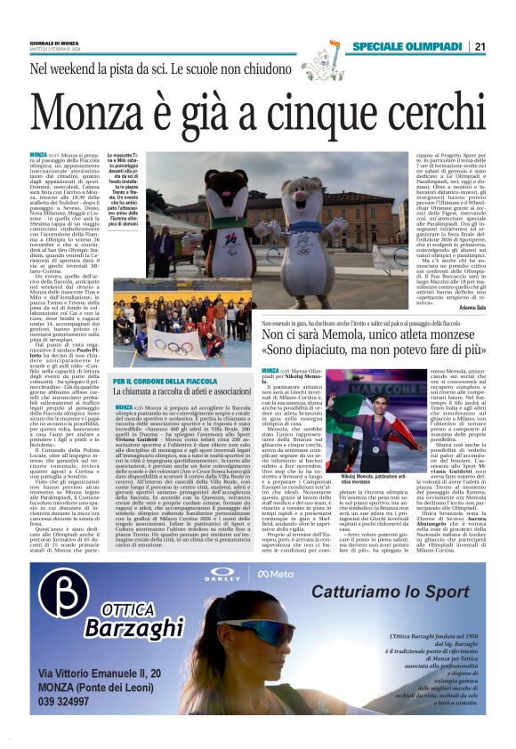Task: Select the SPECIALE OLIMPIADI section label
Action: point(405,46)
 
